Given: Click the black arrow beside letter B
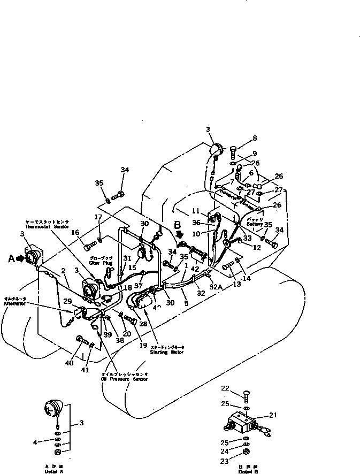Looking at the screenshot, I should point(179,234).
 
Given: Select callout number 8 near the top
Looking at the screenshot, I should point(255,137).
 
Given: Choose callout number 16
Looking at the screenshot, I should point(75,233).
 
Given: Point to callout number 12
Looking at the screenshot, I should point(257,247).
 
